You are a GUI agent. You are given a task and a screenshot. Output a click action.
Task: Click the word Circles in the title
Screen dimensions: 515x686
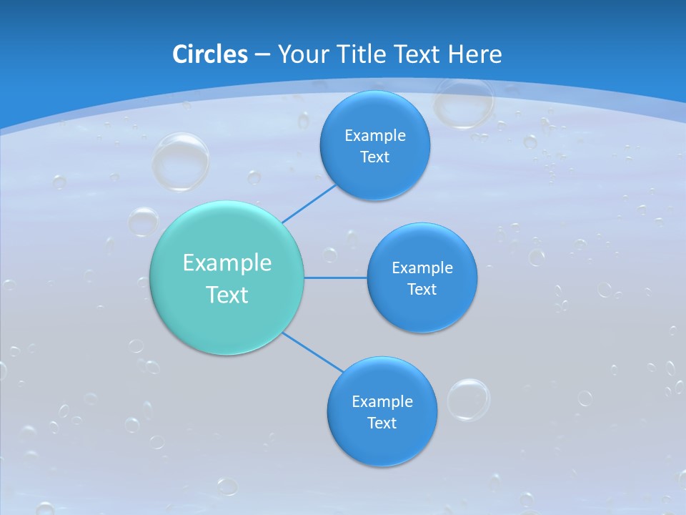[209, 54]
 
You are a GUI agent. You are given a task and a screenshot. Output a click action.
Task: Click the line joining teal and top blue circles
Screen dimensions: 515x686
[309, 203]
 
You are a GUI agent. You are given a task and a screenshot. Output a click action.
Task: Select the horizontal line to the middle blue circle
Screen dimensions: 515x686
[336, 278]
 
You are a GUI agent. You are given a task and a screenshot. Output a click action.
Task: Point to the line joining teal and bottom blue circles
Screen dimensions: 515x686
[313, 353]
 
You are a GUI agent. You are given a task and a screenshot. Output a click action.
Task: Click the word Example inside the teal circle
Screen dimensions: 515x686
[227, 263]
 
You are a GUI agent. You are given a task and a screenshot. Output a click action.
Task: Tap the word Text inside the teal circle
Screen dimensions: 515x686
[227, 295]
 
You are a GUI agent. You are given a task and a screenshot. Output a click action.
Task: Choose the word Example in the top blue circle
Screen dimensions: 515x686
[375, 135]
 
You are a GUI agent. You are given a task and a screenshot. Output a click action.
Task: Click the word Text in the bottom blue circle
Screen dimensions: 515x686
[382, 423]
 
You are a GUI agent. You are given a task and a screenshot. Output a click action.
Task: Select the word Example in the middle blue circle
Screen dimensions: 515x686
[422, 268]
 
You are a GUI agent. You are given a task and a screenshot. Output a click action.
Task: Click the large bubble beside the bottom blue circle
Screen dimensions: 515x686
[469, 399]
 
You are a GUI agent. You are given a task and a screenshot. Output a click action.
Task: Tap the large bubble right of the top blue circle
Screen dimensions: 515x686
[464, 103]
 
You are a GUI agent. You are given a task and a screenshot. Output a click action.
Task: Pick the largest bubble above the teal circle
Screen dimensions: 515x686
[180, 162]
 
